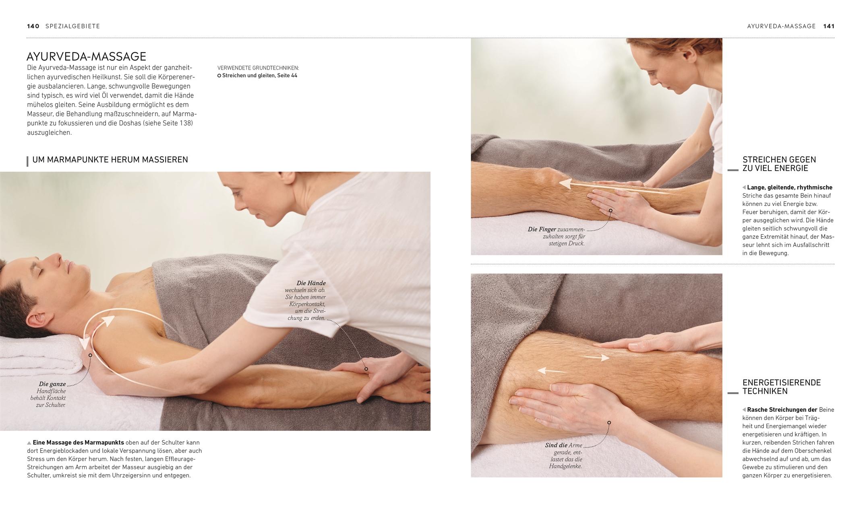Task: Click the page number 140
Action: coord(33,26)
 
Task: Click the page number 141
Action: coord(829,26)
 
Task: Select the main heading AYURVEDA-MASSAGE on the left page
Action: coord(86,56)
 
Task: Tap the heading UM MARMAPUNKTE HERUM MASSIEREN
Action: coord(110,160)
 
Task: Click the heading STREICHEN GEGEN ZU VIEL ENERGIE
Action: coord(779,164)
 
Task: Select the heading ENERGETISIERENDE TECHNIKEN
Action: coord(781,387)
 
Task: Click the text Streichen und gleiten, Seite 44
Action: coord(259,76)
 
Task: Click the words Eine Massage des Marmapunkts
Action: coord(78,443)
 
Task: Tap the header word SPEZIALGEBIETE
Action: coord(72,26)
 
